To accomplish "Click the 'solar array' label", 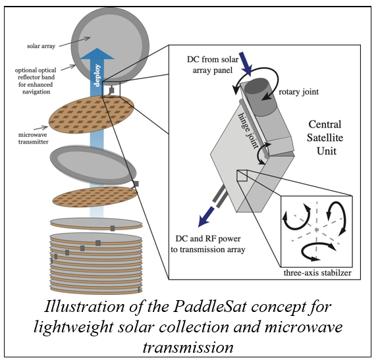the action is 41,46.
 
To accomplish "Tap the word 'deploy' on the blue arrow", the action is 97,75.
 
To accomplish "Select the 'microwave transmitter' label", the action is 34,138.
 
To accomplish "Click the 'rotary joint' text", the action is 298,92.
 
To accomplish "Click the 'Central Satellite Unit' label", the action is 325,138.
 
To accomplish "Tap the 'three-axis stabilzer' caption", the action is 317,272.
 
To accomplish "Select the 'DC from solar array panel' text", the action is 213,64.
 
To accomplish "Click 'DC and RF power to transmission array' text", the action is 208,244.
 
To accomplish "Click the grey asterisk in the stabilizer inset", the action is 316,230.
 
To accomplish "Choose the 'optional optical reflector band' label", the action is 36,81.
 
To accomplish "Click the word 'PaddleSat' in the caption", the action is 210,307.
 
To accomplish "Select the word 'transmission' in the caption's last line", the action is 188,347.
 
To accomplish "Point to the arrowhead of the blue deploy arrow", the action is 97,53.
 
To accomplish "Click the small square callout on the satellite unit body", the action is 242,176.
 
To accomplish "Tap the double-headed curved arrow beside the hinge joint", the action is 263,153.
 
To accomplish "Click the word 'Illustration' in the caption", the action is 84,307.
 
